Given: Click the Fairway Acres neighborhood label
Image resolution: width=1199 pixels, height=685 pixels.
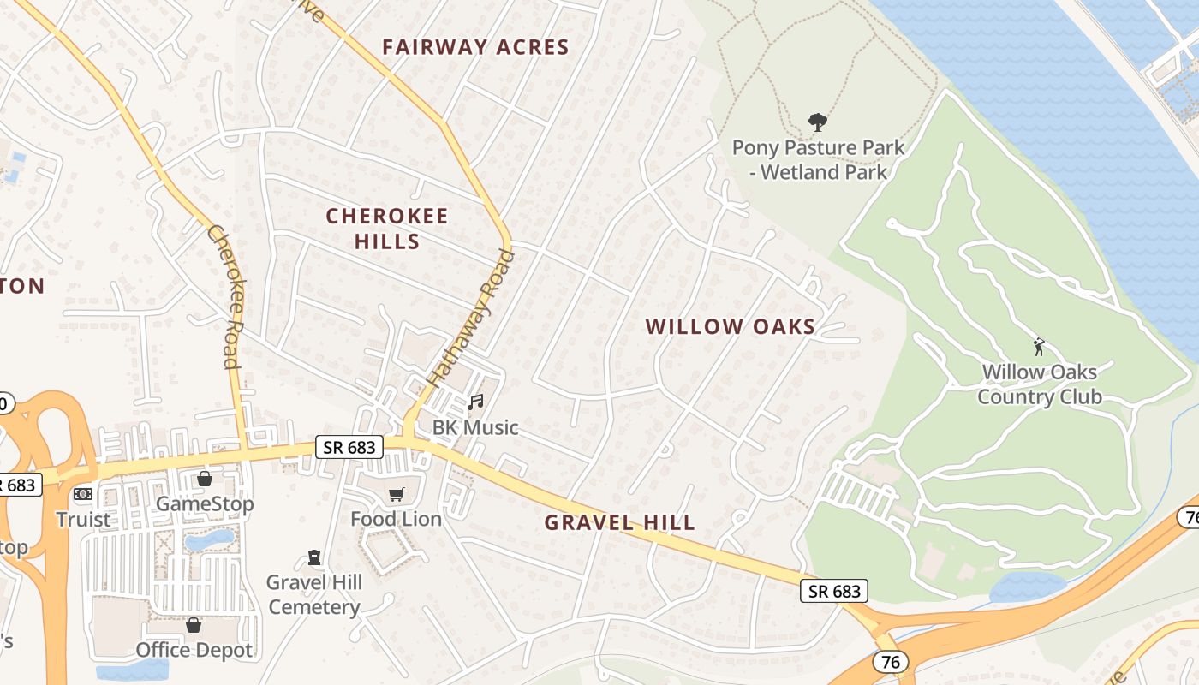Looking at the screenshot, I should tap(475, 47).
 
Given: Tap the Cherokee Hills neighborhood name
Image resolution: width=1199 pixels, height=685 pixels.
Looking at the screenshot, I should tap(387, 228).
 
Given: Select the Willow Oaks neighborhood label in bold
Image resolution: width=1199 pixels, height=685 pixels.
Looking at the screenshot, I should tap(731, 326).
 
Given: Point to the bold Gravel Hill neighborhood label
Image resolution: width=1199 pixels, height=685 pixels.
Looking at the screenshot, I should tap(619, 522).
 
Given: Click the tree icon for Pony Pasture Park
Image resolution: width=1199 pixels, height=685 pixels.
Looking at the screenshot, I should tap(818, 122).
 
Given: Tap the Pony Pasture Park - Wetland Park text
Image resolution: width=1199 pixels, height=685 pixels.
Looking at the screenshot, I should tap(818, 160).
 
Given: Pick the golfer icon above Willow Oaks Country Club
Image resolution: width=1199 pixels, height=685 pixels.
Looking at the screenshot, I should tap(1039, 347).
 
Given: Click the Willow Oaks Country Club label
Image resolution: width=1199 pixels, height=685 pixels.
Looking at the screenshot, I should tap(1039, 384).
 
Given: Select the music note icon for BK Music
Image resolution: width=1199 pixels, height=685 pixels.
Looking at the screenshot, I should tap(475, 402).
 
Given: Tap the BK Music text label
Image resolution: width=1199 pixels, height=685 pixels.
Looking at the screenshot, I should tap(475, 427).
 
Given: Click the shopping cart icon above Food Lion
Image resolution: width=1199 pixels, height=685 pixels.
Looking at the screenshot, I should tap(396, 494).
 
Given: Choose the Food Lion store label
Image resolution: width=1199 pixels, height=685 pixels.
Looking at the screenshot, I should tap(396, 519).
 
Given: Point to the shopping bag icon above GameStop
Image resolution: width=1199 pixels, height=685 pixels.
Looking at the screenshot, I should tap(204, 479).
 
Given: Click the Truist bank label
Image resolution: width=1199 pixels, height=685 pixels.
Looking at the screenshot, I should tap(83, 520).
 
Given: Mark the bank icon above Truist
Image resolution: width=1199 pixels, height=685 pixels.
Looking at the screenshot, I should tap(83, 494).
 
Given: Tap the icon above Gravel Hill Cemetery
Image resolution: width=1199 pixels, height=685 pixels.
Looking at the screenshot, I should tap(314, 558).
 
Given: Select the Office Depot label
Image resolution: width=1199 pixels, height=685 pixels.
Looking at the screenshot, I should tap(194, 650).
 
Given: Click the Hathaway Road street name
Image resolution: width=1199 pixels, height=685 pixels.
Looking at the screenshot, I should tap(470, 316).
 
